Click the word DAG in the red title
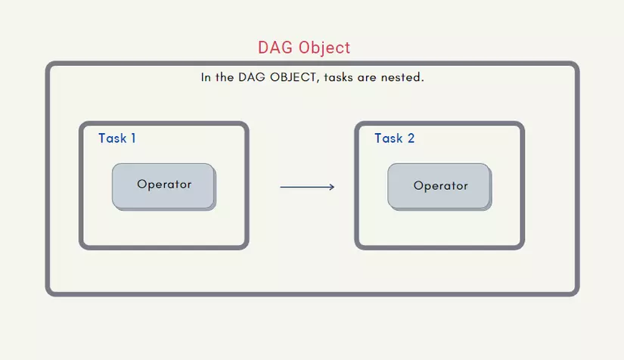tap(275, 48)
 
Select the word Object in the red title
tap(324, 48)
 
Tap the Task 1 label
tap(117, 138)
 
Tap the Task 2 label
tap(394, 138)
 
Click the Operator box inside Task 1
tap(164, 187)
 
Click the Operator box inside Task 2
tap(439, 187)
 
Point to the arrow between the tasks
tap(307, 187)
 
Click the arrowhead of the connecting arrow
tap(332, 187)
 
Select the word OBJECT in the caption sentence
tap(294, 77)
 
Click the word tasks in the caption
tap(338, 77)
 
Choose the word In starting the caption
tap(206, 77)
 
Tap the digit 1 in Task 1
tap(133, 138)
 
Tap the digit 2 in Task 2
tap(411, 138)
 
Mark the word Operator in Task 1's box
tap(164, 185)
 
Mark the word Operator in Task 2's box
tap(440, 186)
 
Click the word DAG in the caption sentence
tap(252, 77)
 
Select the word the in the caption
tap(225, 77)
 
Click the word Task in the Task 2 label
tap(389, 138)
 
